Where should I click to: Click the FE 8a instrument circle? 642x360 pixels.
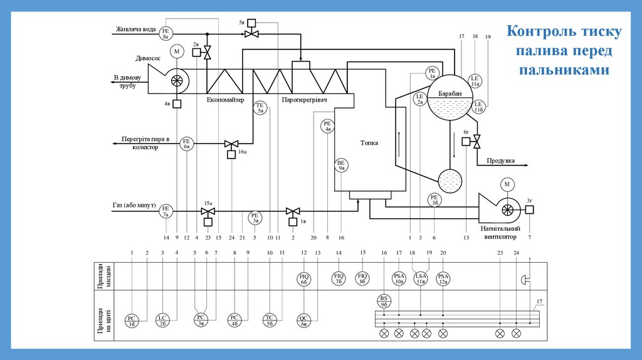click(x=166, y=34)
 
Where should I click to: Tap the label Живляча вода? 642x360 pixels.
click(x=135, y=29)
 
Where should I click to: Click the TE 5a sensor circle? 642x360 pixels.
click(x=261, y=107)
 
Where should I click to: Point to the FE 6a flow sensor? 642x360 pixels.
click(x=186, y=144)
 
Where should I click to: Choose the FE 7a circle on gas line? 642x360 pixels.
click(x=166, y=211)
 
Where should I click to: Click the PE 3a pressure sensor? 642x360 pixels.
click(x=256, y=218)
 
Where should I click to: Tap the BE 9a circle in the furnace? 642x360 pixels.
click(x=342, y=166)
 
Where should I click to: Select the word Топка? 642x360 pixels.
click(x=369, y=142)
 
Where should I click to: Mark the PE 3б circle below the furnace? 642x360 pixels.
click(x=434, y=199)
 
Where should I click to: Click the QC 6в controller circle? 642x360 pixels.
click(x=305, y=320)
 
